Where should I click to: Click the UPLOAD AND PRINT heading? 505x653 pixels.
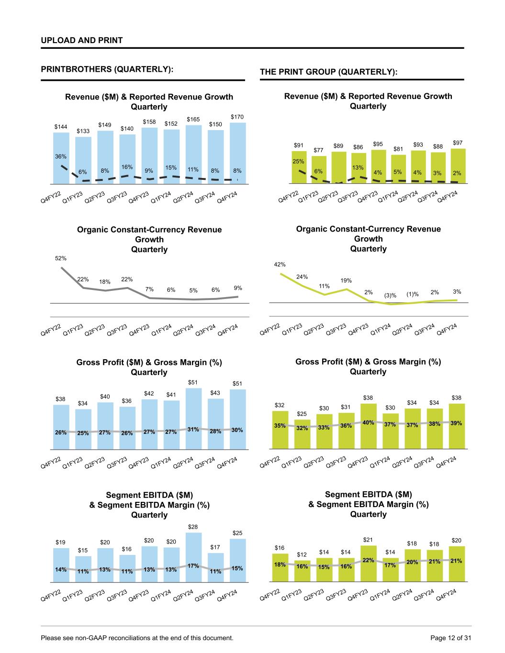82,40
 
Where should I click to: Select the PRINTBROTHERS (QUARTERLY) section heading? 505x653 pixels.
107,69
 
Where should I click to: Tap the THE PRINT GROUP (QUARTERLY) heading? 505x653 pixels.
328,72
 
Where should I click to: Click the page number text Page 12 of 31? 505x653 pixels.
450,638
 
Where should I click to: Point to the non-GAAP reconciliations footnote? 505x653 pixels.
137,638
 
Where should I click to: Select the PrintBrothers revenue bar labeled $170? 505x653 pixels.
238,153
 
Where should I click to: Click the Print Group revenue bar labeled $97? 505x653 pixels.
458,166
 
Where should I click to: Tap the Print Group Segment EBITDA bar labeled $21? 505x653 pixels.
368,564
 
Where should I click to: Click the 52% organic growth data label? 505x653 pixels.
61,258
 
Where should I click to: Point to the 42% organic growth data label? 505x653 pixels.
280,264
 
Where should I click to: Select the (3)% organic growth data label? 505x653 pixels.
391,295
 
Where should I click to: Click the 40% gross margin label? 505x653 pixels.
368,422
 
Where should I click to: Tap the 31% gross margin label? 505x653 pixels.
193,429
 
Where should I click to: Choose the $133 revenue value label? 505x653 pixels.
82,131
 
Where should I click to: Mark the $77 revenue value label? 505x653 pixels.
318,150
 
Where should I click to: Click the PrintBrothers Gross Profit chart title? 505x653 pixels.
149,367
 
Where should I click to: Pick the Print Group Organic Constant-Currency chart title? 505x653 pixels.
368,239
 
